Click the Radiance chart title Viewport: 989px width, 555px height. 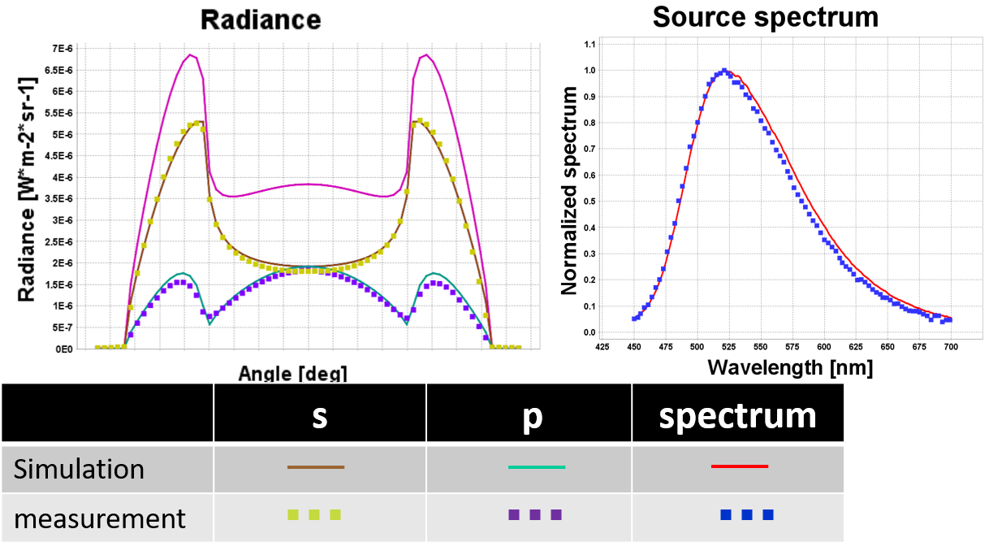[x=261, y=20]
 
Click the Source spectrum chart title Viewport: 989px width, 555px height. [x=765, y=16]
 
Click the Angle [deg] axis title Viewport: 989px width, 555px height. [x=293, y=374]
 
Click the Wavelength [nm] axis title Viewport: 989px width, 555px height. [x=789, y=367]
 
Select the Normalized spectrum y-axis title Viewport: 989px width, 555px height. [x=569, y=190]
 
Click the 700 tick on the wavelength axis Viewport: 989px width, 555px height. [x=951, y=345]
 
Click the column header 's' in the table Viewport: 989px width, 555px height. [x=319, y=415]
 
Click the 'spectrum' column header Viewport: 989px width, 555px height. [x=737, y=415]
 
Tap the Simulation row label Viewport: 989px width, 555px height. [x=80, y=469]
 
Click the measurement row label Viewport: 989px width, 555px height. [x=100, y=518]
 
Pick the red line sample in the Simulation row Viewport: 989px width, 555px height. [x=739, y=466]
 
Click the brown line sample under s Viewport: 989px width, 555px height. [x=316, y=467]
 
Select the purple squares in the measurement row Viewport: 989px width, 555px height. [x=534, y=514]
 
